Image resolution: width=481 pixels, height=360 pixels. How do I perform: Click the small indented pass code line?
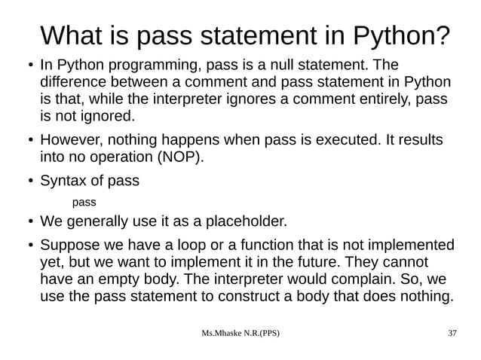(84, 203)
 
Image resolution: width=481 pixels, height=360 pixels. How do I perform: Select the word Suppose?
(69, 246)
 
